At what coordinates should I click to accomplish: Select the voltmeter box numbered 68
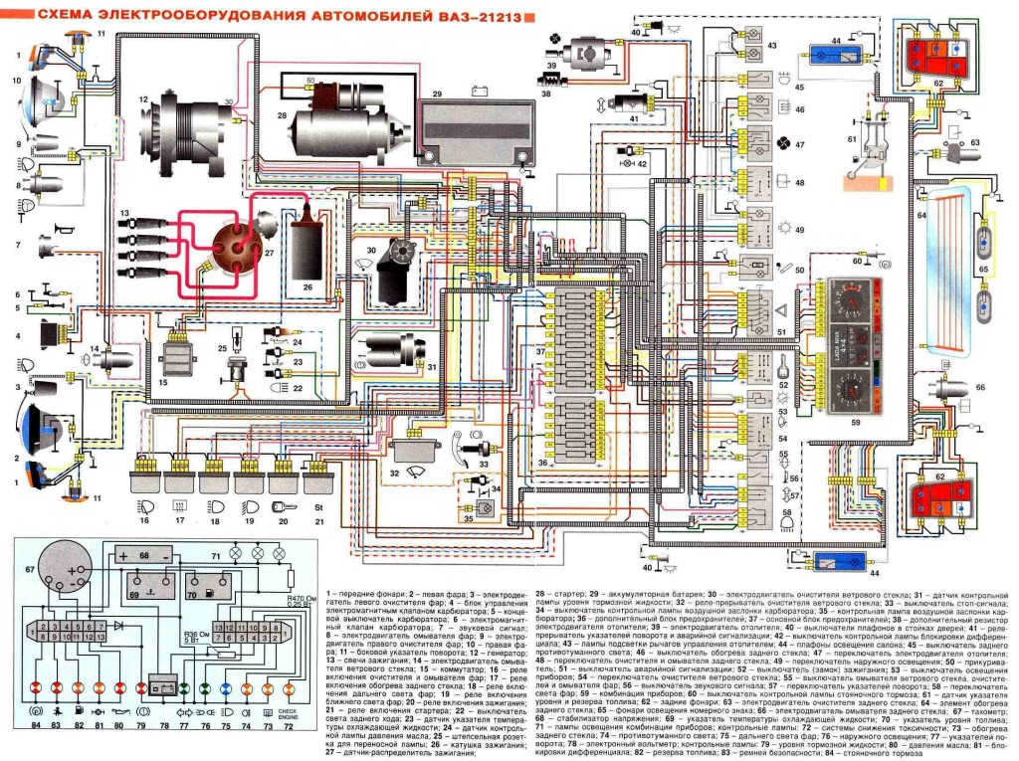point(144,554)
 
